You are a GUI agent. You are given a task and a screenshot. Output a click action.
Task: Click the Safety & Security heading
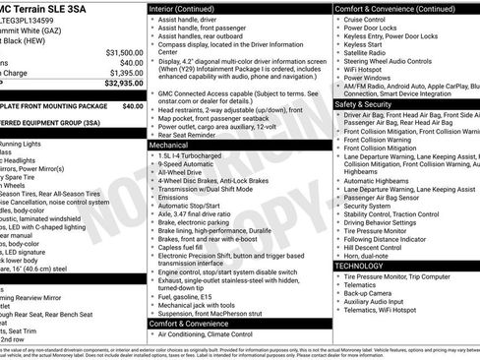click(370, 103)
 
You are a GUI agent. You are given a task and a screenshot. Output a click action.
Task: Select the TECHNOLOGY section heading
click(360, 266)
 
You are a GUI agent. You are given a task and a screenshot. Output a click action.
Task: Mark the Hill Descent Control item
click(379, 246)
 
